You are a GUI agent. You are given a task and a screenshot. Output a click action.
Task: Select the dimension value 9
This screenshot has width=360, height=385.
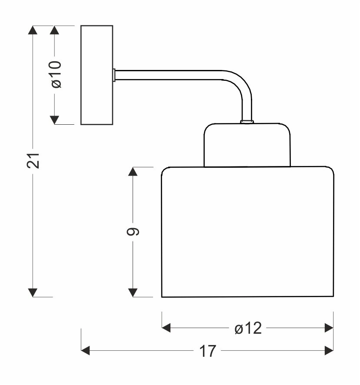[133, 232]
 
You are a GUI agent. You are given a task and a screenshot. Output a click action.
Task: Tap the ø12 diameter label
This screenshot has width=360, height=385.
[248, 329]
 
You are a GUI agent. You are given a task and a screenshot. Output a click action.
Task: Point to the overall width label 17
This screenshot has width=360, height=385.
[208, 351]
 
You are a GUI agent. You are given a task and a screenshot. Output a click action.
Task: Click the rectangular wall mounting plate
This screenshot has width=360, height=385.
[97, 75]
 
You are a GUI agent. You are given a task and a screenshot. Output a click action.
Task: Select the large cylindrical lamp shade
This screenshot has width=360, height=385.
[247, 232]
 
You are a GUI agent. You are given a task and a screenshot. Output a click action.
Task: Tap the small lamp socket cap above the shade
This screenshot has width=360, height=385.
[247, 145]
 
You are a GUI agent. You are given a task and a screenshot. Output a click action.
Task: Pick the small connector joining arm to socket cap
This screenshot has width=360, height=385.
[247, 122]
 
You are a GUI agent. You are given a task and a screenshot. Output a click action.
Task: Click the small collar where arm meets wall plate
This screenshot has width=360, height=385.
[114, 75]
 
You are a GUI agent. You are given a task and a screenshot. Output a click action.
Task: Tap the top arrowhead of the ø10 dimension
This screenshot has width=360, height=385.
[55, 30]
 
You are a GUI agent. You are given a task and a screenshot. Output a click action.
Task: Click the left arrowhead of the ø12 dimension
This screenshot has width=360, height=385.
[166, 328]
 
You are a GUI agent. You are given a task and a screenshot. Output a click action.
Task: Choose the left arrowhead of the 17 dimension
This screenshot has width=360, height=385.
[86, 351]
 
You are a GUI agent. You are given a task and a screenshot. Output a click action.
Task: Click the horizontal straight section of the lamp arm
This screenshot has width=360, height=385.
[170, 75]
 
